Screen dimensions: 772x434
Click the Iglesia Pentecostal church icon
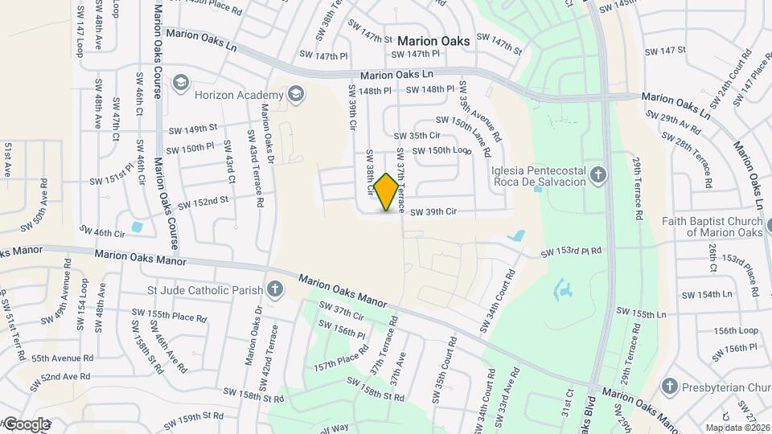pyautogui.click(x=597, y=175)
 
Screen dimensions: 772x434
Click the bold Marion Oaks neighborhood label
pyautogui.click(x=433, y=41)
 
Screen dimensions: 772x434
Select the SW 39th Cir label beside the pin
pyautogui.click(x=433, y=212)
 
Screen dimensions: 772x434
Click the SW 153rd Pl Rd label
pyautogui.click(x=571, y=252)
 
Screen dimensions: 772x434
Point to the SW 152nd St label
pyautogui.click(x=203, y=203)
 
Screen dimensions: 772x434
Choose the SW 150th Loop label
pyautogui.click(x=441, y=150)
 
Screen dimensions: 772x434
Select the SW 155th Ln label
pyautogui.click(x=642, y=311)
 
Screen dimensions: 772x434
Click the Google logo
pyautogui.click(x=26, y=424)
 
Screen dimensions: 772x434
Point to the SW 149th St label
pyautogui.click(x=193, y=128)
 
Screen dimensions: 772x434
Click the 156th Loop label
pyautogui.click(x=736, y=330)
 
